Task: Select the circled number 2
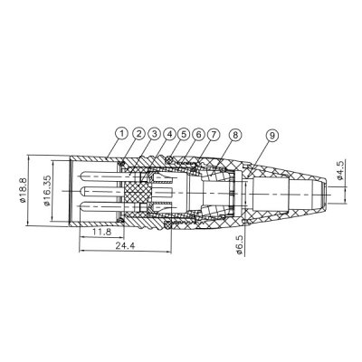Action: [x=138, y=135]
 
